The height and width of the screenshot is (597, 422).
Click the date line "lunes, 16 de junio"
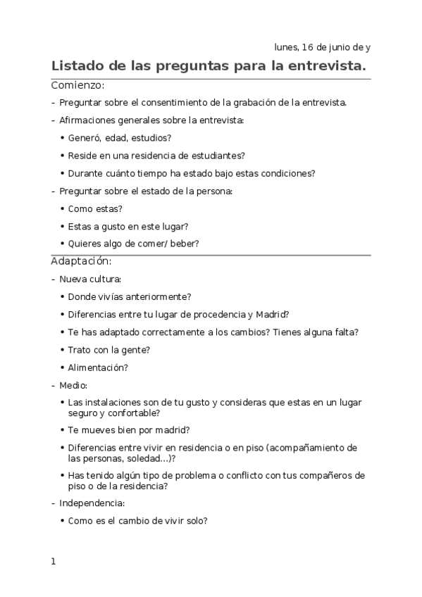322,48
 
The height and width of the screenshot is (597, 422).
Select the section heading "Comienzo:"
77,86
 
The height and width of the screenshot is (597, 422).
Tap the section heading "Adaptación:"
80,261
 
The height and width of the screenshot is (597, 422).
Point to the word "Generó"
84,138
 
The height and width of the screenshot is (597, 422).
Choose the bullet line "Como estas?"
95,208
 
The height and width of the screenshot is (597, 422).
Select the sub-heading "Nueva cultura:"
90,279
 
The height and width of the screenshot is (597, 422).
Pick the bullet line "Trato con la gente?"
108,349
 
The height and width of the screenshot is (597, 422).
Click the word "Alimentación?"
98,367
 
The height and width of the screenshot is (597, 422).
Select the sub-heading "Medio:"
73,385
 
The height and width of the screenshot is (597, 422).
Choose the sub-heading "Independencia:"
92,503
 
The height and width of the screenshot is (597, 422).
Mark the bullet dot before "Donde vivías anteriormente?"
63,297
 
